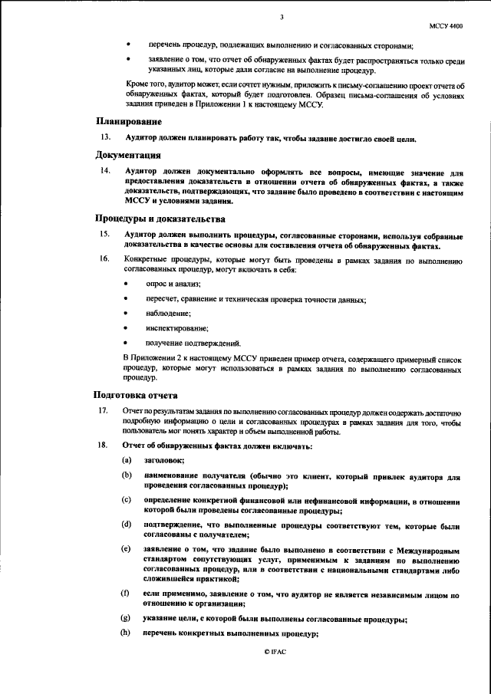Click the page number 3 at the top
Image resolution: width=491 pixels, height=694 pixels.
click(282, 17)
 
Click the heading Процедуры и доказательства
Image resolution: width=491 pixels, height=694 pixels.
click(154, 219)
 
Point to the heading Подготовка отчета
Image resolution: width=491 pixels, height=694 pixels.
click(135, 395)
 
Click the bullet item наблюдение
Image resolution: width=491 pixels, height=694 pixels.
click(165, 314)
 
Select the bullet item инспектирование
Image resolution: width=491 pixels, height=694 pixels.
click(172, 328)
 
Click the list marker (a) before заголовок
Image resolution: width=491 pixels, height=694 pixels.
click(126, 460)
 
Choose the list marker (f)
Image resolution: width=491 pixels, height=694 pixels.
click(125, 594)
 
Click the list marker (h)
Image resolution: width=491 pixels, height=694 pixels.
click(126, 633)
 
